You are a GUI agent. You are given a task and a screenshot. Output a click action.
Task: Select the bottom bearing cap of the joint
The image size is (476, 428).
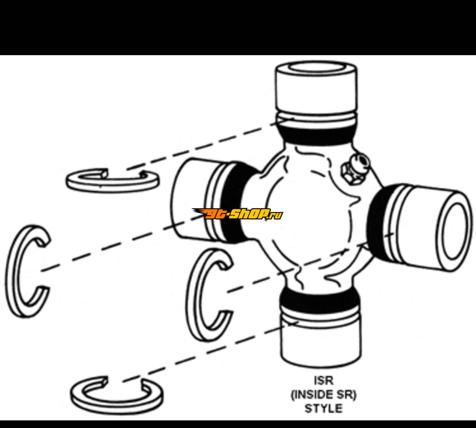coord(321,341)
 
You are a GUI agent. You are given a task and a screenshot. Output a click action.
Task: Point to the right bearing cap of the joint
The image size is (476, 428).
coord(427,228)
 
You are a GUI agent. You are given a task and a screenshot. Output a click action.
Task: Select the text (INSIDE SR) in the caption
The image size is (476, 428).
coord(324,395)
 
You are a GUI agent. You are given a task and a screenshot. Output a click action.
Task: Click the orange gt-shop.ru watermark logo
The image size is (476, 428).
coord(237,214)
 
